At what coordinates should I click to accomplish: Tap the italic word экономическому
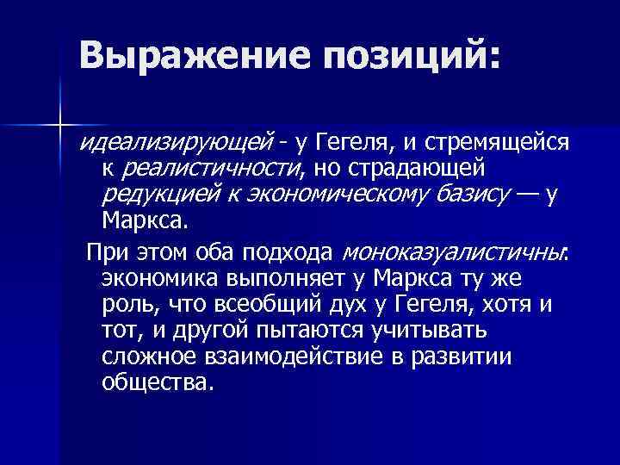(323, 193)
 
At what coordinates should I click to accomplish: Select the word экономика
(158, 279)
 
